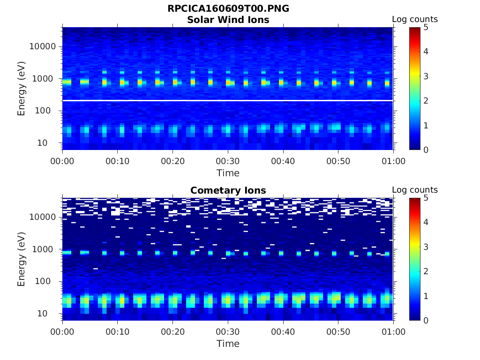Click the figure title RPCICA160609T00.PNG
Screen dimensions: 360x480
(228, 9)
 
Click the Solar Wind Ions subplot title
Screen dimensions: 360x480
(228, 20)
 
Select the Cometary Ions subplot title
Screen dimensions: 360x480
(228, 190)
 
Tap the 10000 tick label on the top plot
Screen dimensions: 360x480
(42, 46)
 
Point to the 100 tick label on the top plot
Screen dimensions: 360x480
(46, 111)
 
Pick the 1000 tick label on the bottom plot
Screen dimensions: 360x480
(45, 249)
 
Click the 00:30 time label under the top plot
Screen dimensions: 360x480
(228, 161)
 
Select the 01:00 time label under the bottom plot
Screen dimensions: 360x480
(393, 332)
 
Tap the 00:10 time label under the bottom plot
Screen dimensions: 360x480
(118, 332)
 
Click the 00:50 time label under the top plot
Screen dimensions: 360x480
(338, 161)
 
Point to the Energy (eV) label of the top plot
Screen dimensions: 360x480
(22, 88)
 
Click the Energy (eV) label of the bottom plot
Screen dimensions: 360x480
(22, 259)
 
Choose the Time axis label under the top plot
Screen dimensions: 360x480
(228, 173)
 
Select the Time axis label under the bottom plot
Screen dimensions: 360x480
(228, 344)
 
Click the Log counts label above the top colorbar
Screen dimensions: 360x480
(415, 19)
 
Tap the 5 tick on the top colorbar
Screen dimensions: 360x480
(426, 27)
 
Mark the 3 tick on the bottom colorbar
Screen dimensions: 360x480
(426, 247)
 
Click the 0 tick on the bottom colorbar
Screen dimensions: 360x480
(426, 320)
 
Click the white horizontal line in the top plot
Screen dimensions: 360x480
(228, 100)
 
